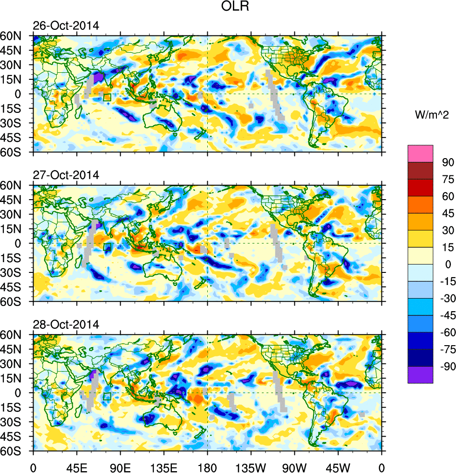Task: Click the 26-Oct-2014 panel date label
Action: pyautogui.click(x=66, y=26)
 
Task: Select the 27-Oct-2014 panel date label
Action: pyautogui.click(x=66, y=175)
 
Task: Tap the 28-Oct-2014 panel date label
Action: pyautogui.click(x=66, y=325)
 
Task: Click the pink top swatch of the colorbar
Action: pyautogui.click(x=420, y=153)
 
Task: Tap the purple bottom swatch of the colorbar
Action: pyautogui.click(x=420, y=375)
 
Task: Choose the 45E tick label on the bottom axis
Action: pyautogui.click(x=77, y=466)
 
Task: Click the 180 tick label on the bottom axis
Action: pyautogui.click(x=207, y=466)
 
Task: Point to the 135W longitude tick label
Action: pyautogui.click(x=251, y=466)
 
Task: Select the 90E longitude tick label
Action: pyautogui.click(x=120, y=466)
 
